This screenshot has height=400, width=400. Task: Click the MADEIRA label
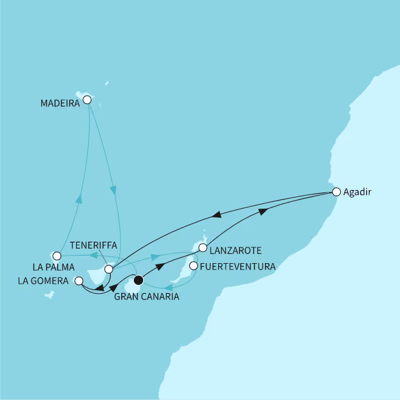(x=59, y=104)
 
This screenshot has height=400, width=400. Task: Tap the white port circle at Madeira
(x=87, y=99)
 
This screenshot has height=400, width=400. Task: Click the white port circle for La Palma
(x=57, y=255)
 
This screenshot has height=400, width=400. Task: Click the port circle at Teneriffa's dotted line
(x=108, y=269)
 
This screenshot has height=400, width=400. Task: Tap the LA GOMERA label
(x=44, y=282)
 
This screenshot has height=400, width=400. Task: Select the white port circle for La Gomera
(x=78, y=281)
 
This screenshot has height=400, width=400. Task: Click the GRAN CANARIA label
(x=146, y=297)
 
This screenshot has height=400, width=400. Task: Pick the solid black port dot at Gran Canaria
(x=138, y=281)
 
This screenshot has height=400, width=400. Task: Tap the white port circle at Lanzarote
(x=202, y=248)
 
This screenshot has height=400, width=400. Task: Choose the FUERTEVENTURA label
(x=237, y=266)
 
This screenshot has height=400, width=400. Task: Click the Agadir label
(x=357, y=192)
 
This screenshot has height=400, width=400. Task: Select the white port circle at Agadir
(x=336, y=192)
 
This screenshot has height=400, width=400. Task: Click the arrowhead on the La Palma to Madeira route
(x=79, y=199)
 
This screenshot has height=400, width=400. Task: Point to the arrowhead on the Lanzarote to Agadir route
(x=264, y=212)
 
